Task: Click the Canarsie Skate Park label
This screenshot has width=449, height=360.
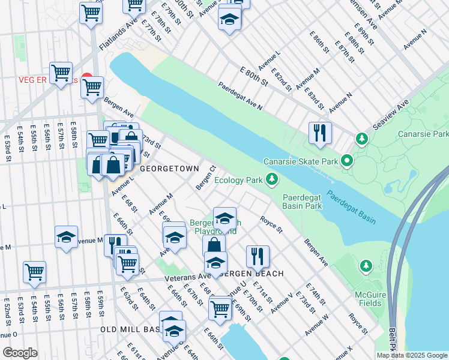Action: click(299, 161)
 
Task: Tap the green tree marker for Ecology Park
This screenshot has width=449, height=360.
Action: click(273, 179)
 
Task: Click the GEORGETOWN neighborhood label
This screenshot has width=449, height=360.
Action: click(169, 170)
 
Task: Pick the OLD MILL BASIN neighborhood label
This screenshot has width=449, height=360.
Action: click(129, 330)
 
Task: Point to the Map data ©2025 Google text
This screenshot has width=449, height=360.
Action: click(411, 355)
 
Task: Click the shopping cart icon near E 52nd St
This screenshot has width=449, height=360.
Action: click(35, 271)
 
